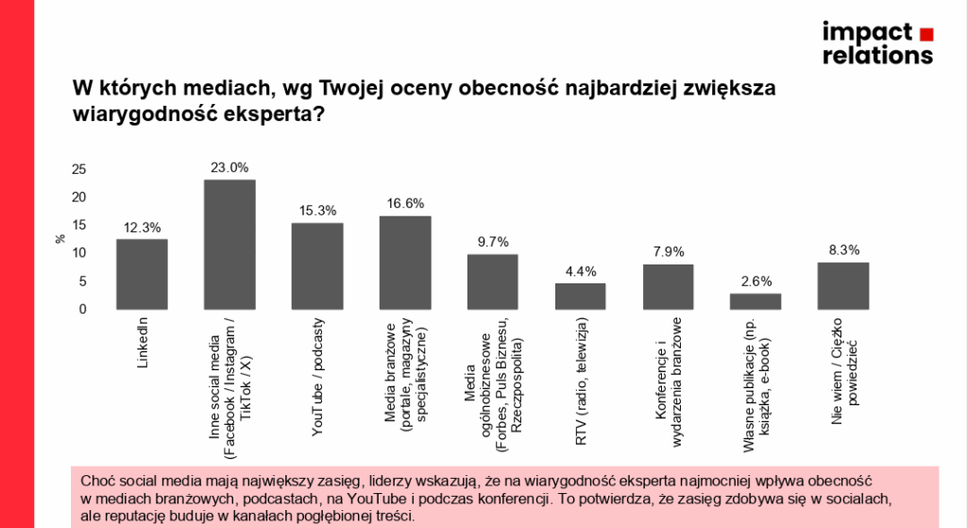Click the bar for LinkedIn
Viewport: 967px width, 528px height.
point(142,274)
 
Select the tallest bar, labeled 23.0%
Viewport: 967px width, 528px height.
point(229,244)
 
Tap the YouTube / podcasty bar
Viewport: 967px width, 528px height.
point(316,265)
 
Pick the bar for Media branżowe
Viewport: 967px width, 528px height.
point(405,263)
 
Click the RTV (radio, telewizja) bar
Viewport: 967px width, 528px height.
point(580,296)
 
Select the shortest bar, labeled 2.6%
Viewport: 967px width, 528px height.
point(755,301)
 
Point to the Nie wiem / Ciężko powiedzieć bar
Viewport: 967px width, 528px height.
point(843,285)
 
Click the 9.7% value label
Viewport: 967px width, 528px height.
point(492,243)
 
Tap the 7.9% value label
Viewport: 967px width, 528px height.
point(668,252)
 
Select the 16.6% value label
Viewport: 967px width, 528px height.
point(405,204)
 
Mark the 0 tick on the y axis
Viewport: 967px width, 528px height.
point(83,309)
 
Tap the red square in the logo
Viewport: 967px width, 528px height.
point(926,34)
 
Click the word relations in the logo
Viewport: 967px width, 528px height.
point(877,55)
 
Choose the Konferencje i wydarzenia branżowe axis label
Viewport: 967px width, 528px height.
point(669,376)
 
